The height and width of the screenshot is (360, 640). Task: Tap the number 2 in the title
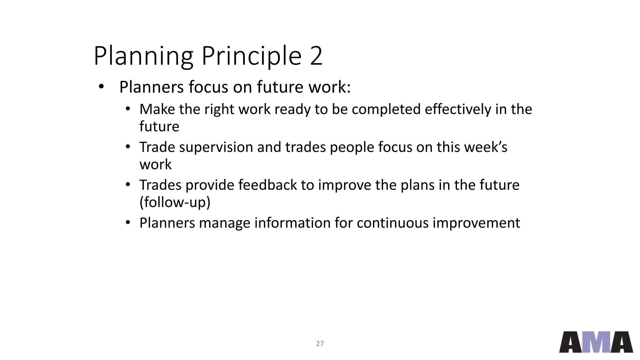coord(316,56)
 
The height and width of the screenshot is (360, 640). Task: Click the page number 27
coord(320,344)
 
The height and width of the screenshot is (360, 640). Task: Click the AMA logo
coord(596,342)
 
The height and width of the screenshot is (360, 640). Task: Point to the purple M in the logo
coord(596,342)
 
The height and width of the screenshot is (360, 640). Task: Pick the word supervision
coord(216,147)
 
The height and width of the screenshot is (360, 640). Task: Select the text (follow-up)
coord(175,202)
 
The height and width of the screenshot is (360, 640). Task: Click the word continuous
coord(392,223)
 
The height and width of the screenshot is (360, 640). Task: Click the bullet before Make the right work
coord(127,109)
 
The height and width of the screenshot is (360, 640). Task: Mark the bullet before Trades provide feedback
coord(127,185)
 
